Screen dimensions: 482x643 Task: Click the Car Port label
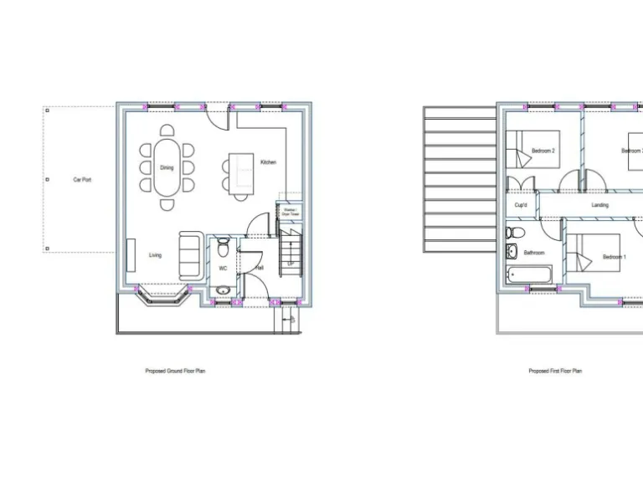coord(82,180)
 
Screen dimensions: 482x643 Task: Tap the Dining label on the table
coord(167,167)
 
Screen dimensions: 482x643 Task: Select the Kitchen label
coord(268,162)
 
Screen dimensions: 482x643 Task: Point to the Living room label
coord(156,255)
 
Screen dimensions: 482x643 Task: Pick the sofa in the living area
coord(189,255)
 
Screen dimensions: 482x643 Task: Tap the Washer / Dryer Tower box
coord(290,213)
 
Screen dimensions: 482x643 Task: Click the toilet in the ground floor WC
coord(223,249)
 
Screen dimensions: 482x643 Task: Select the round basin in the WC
coord(222,290)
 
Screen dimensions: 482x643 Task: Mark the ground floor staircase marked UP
coord(289,251)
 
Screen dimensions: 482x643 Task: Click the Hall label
coord(260,268)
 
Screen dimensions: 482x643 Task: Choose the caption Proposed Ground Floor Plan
coord(175,371)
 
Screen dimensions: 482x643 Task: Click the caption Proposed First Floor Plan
coord(555,371)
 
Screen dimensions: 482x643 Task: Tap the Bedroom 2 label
coord(543,151)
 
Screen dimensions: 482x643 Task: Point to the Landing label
coord(599,205)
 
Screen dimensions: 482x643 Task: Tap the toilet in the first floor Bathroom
coord(513,232)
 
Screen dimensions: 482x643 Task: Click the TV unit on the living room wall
coord(131,254)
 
